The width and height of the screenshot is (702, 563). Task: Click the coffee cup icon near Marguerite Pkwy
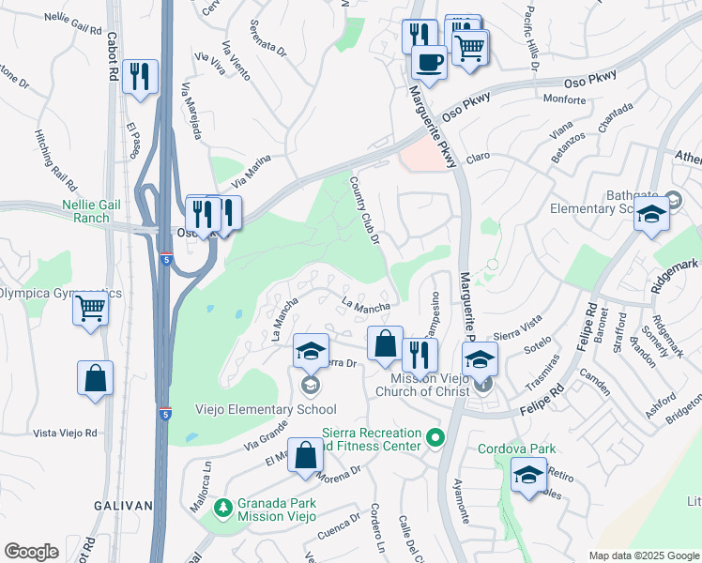[430, 62]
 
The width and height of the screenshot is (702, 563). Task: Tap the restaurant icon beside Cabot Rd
[140, 76]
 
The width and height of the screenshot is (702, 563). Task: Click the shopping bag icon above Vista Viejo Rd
[96, 378]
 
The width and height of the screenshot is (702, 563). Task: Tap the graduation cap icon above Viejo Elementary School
[312, 351]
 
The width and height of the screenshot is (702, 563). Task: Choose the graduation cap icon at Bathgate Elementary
[651, 214]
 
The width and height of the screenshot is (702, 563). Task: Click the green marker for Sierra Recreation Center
[435, 438]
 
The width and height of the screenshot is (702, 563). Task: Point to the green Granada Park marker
[222, 508]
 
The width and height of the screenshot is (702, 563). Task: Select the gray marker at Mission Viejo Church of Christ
[482, 384]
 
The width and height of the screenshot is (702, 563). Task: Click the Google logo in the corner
[31, 552]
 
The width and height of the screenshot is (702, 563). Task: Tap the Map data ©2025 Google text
[642, 555]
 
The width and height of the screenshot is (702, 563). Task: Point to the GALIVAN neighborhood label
[123, 506]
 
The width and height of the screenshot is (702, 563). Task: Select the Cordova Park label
[517, 449]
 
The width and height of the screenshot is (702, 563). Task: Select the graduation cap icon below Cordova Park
[529, 475]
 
